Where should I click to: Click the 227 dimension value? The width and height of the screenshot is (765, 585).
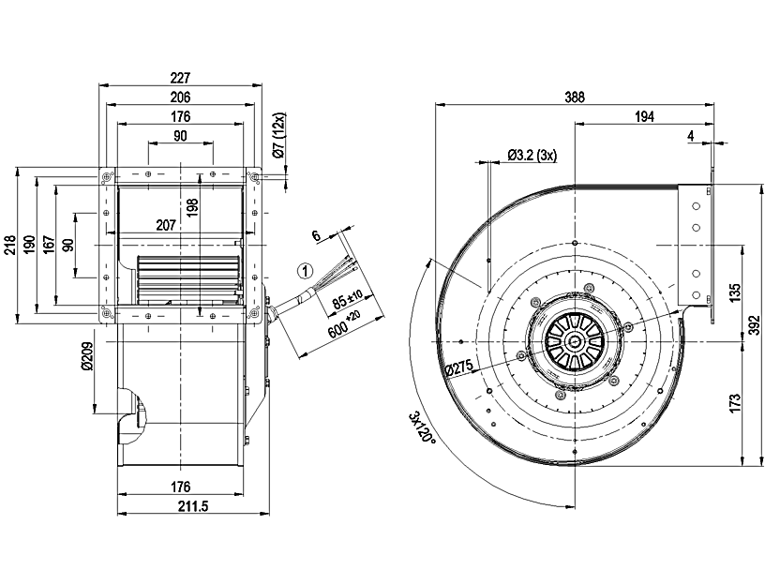coord(181,78)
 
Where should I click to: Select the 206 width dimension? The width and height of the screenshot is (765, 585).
coord(181,97)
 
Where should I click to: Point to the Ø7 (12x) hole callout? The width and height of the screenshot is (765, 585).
coord(278,138)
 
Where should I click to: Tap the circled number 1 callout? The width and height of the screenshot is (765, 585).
coord(304,271)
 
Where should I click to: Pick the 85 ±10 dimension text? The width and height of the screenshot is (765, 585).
coord(350,302)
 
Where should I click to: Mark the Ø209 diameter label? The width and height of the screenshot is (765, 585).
coord(85,357)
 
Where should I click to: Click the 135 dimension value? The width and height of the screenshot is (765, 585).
coord(735,293)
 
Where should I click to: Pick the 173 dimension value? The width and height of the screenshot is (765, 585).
coord(735,403)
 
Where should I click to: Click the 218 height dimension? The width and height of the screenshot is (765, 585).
coord(8,247)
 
